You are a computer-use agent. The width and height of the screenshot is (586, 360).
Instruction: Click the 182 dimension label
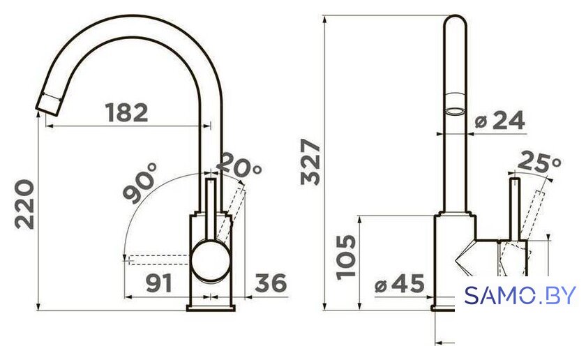(x=127, y=112)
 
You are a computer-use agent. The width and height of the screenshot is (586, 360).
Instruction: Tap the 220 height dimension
(x=24, y=204)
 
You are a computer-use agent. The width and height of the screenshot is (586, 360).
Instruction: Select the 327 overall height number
(x=310, y=162)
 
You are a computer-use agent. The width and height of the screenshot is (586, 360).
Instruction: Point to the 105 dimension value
(x=346, y=257)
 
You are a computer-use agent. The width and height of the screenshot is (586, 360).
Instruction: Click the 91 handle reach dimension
(x=159, y=283)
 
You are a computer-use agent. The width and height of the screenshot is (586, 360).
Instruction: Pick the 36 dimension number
(x=271, y=283)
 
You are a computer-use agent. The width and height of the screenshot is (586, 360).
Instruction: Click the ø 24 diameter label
(x=499, y=121)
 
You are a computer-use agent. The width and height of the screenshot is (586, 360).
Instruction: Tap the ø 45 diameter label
(x=400, y=283)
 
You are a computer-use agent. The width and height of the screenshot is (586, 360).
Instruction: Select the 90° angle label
(x=140, y=183)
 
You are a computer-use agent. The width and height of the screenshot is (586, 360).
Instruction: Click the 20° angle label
(x=239, y=165)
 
